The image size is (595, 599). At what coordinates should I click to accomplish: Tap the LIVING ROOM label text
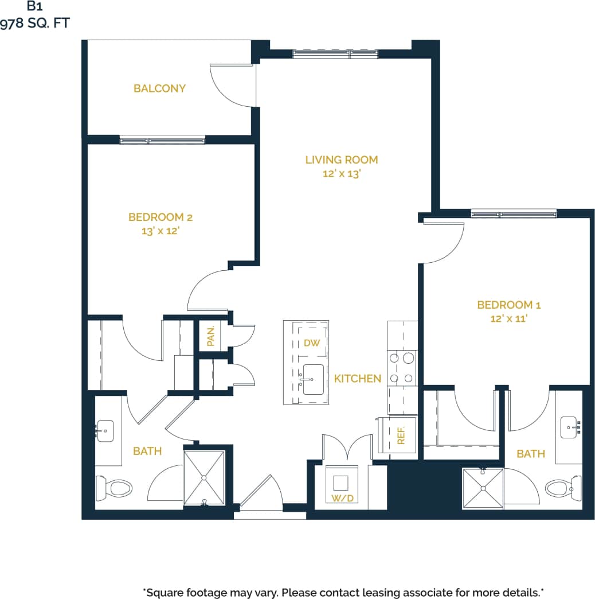(341, 160)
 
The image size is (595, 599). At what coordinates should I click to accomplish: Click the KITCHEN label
(357, 379)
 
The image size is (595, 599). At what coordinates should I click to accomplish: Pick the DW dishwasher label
(311, 343)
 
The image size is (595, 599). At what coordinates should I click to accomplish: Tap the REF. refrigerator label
(401, 435)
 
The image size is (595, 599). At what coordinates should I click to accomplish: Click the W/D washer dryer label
(342, 498)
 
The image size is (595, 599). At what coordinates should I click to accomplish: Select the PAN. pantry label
(210, 336)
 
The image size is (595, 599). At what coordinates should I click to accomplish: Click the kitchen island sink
(313, 379)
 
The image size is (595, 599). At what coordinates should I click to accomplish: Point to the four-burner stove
(402, 368)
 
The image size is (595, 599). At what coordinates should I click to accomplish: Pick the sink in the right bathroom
(570, 427)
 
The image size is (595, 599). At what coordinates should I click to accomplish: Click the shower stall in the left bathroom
(204, 477)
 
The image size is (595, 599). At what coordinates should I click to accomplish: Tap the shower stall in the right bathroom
(483, 488)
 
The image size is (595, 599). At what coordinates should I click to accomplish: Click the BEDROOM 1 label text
(508, 305)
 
